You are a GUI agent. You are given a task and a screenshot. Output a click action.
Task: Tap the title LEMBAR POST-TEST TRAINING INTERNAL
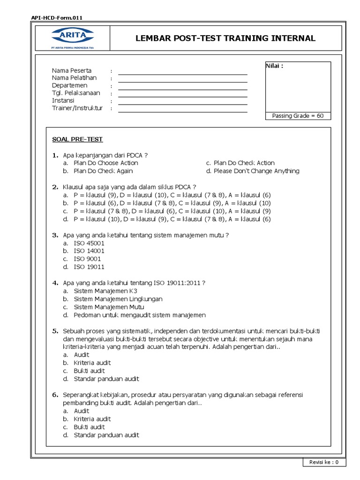tap(225, 38)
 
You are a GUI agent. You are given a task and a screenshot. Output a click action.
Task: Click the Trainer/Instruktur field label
tap(77, 108)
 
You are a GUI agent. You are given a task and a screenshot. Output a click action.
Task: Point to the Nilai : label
tap(275, 66)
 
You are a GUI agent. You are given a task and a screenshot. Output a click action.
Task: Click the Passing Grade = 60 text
tap(298, 116)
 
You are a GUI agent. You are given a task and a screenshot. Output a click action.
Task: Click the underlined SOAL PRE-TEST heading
tap(77, 139)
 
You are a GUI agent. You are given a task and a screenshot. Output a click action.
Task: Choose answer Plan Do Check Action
tap(244, 163)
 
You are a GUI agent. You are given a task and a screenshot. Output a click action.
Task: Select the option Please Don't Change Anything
tap(256, 171)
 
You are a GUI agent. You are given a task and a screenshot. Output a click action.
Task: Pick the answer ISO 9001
tap(87, 259)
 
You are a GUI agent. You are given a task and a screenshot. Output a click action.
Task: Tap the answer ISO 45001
tap(89, 243)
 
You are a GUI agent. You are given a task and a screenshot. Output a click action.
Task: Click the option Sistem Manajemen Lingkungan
tap(118, 299)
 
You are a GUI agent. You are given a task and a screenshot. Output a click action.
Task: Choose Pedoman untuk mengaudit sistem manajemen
tap(139, 315)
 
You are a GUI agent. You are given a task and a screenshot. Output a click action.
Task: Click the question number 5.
tap(55, 331)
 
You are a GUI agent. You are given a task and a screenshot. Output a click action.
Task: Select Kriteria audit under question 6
tap(92, 419)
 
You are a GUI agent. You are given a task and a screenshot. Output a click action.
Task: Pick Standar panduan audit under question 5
tap(106, 379)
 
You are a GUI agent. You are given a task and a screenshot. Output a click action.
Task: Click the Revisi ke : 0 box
tap(324, 462)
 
